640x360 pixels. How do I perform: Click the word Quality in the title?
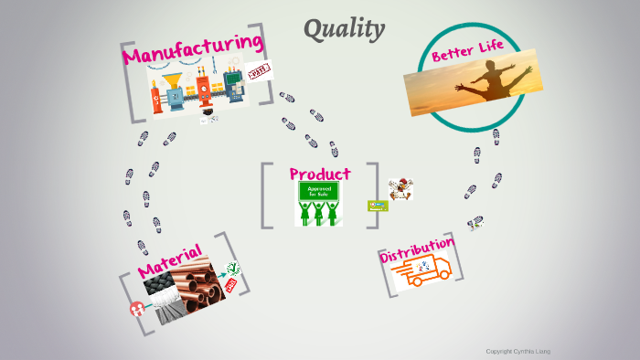(x=344, y=29)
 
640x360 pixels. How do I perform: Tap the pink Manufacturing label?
(x=193, y=49)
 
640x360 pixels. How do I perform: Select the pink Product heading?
(x=319, y=174)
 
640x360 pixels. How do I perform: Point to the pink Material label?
(x=169, y=259)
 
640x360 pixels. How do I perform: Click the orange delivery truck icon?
(x=426, y=271)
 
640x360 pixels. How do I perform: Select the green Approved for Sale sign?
(x=317, y=192)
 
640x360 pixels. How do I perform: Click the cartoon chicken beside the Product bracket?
(x=399, y=189)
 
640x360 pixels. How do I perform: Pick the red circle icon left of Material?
(x=137, y=309)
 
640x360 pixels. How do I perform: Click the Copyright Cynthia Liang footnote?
(x=517, y=351)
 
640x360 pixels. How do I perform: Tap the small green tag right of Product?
(x=377, y=206)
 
